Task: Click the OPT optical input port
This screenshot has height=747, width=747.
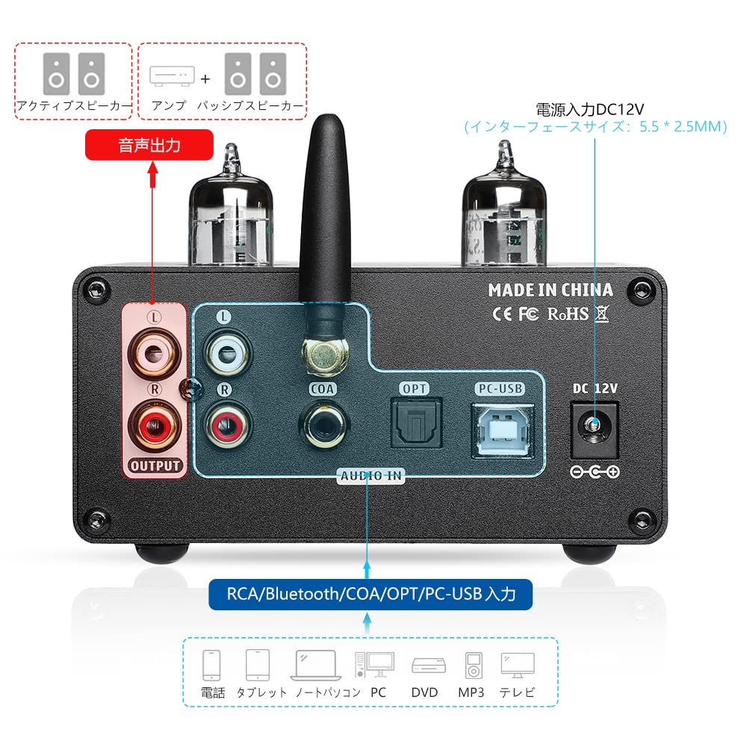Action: (x=417, y=425)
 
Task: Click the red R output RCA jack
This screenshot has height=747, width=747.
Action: (x=155, y=427)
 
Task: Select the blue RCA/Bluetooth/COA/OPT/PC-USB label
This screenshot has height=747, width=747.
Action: (x=371, y=595)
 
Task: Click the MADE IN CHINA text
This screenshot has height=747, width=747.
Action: (x=551, y=290)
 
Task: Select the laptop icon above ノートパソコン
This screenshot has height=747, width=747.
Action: (x=319, y=664)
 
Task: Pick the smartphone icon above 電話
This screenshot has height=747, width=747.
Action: (x=212, y=664)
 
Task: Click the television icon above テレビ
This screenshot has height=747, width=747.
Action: (x=518, y=664)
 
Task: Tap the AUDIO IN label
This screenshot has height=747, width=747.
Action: (x=371, y=476)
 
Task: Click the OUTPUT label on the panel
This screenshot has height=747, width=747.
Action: (x=155, y=466)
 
